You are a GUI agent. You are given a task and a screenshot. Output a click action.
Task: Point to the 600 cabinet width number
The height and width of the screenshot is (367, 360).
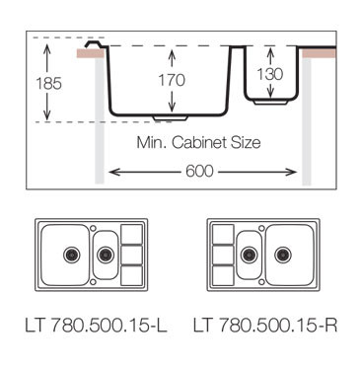click(x=201, y=171)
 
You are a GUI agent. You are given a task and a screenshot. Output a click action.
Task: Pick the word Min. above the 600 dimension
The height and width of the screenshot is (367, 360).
click(x=153, y=142)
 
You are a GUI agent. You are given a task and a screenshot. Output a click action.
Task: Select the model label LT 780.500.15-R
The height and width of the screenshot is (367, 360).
click(x=264, y=324)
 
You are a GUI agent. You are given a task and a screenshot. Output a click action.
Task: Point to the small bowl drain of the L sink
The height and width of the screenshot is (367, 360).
click(x=104, y=254)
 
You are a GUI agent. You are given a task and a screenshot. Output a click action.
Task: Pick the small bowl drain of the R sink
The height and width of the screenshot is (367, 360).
click(x=248, y=254)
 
